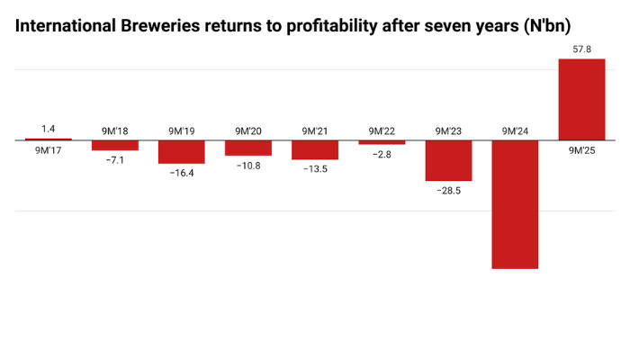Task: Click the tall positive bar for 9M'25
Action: coord(581,100)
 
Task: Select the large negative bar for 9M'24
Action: coord(515,204)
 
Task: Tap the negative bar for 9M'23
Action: coord(448,161)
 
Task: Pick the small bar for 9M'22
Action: coord(382,142)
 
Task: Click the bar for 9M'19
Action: coord(182,152)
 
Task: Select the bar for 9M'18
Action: coord(115,146)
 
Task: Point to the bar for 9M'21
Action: coord(315,150)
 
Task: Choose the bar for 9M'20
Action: coord(248,148)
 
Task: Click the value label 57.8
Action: coord(581,50)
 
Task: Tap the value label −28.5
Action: coord(448,191)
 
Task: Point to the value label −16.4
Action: coord(182,173)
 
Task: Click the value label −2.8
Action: coord(382,155)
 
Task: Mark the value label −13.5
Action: coord(315,169)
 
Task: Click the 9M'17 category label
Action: coord(49,150)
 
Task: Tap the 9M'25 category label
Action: coord(581,150)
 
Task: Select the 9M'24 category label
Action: coord(515,131)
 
